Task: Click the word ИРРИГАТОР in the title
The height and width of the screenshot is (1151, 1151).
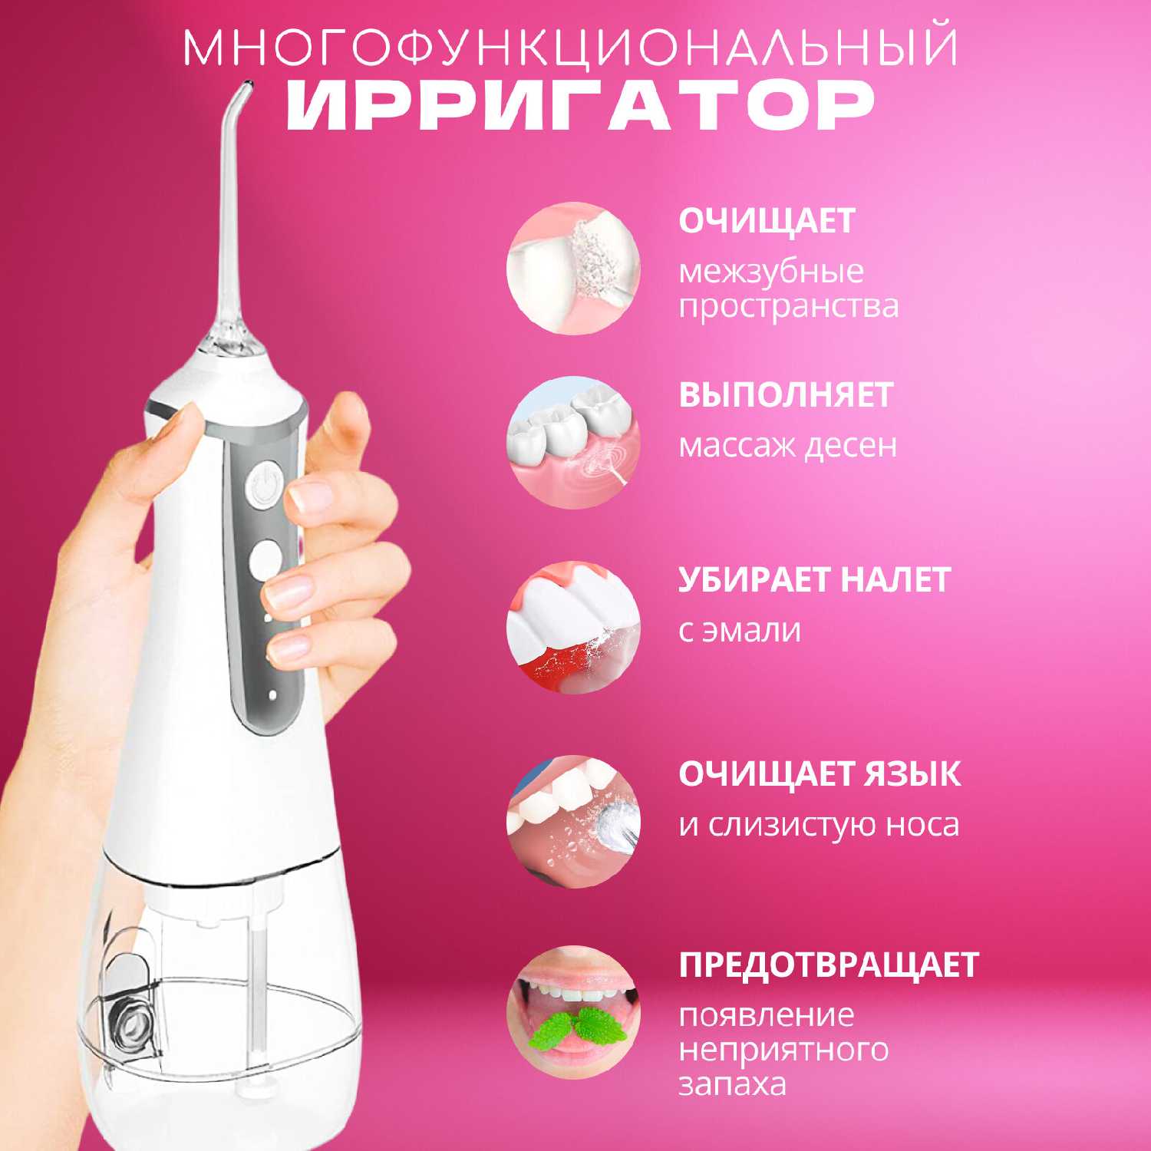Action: point(582,108)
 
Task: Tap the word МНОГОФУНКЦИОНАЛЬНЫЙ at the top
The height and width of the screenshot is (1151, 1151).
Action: point(572,48)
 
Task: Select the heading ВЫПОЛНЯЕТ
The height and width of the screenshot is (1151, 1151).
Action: point(786,394)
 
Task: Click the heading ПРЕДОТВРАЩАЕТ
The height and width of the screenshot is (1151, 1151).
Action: point(829,965)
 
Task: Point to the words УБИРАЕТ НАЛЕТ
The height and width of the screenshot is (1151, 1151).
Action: point(814,579)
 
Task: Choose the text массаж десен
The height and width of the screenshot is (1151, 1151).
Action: point(788,445)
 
